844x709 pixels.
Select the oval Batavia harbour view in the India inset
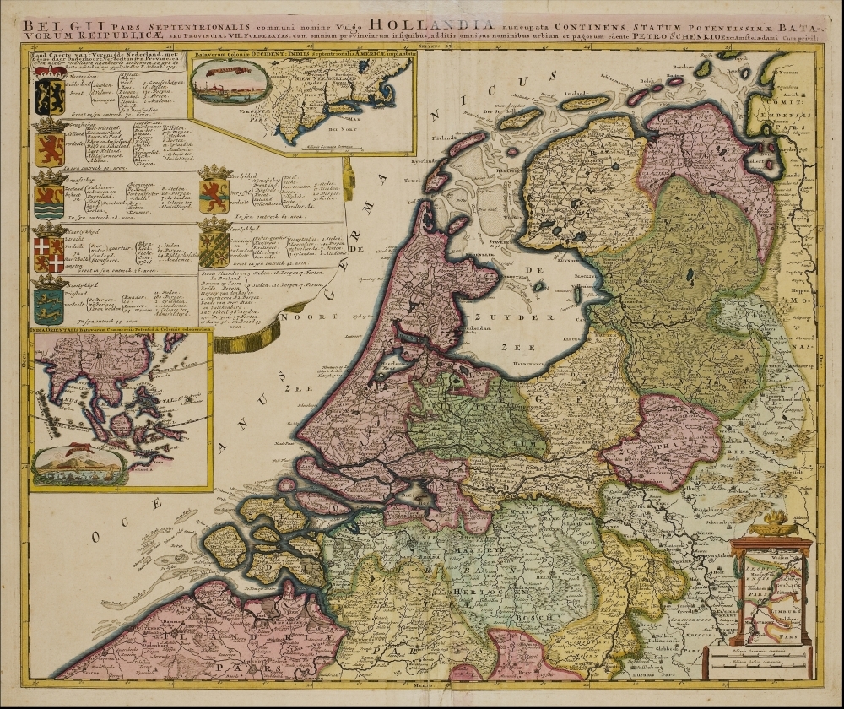coord(78,463)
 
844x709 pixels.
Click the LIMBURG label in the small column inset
coord(787,582)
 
